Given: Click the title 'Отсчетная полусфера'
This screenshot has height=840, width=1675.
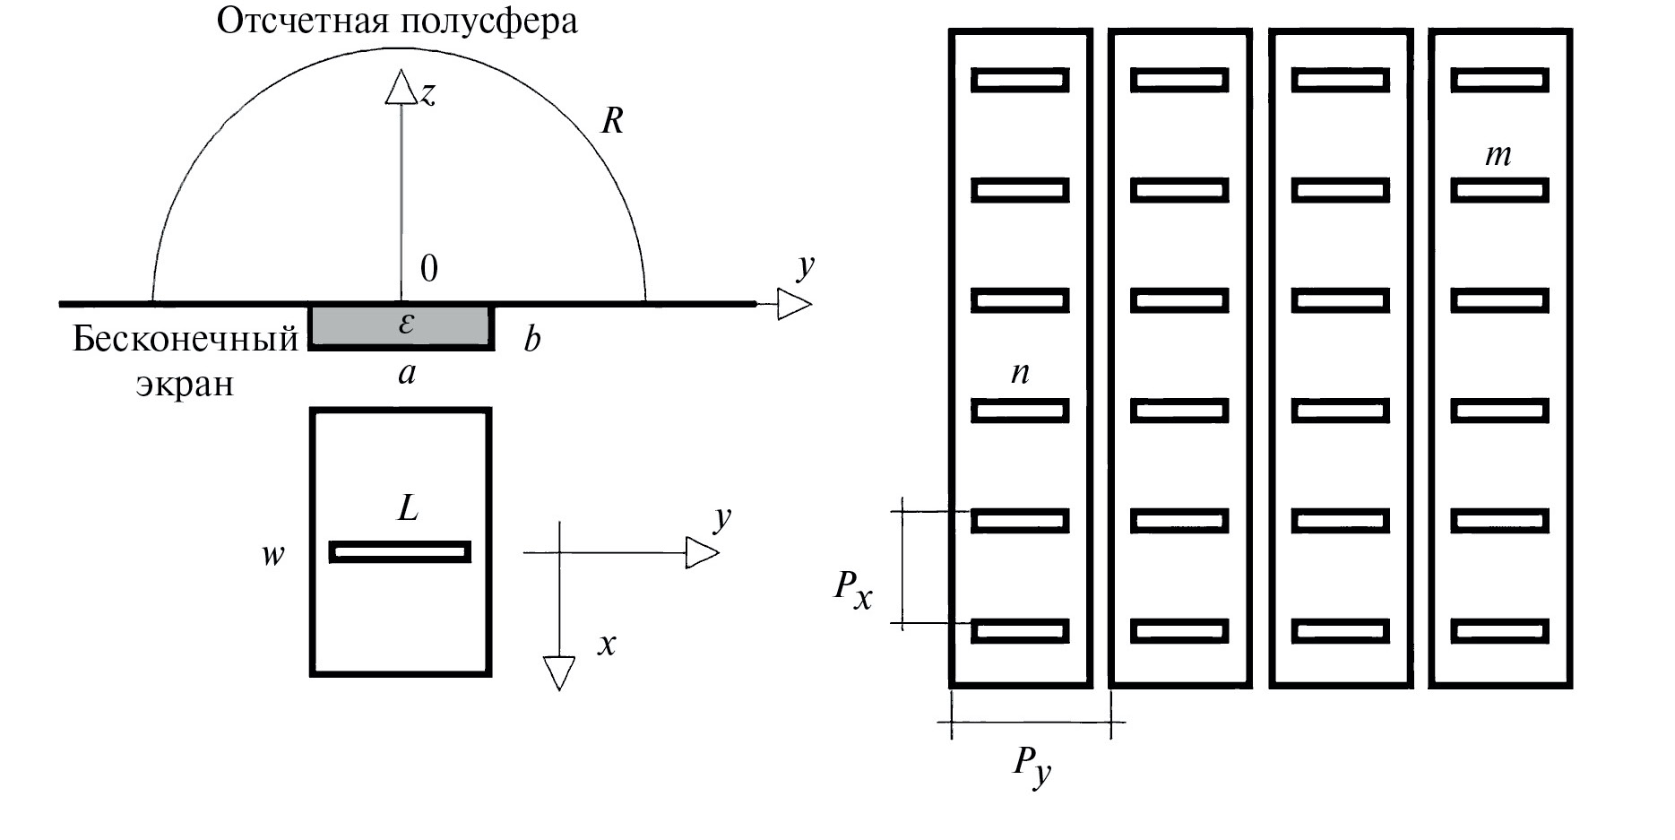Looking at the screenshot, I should coord(397,22).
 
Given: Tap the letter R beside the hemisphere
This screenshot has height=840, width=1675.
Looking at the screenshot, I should coord(612,120).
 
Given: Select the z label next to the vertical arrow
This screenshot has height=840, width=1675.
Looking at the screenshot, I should coord(428,92).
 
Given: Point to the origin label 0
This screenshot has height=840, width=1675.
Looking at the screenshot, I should coord(429,268).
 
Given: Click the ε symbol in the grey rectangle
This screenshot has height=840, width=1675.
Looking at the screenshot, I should coord(406,323).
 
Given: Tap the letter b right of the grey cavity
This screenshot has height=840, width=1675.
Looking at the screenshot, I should coord(532,340).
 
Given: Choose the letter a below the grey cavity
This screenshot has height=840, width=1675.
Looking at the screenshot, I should coord(407,372).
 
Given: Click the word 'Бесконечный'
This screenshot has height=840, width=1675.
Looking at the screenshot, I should coord(185,339).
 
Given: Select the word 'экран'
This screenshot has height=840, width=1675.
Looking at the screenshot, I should coord(185,384).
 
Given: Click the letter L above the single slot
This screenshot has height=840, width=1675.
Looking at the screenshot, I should coord(408,508).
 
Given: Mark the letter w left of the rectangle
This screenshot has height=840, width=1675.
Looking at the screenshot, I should coord(272,554).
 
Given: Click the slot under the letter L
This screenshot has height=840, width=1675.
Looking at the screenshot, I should coord(400,552).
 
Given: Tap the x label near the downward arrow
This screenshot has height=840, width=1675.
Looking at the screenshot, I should coord(608,643).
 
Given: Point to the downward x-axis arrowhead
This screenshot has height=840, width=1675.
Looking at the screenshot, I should coord(559,672).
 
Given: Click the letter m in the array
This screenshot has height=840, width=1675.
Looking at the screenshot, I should coord(1498,155).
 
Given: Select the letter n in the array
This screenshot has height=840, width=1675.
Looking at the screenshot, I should coord(1020,371).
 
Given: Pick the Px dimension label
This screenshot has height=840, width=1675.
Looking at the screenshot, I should coord(853,589).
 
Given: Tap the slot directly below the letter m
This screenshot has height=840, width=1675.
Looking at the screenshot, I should coord(1499,190).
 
